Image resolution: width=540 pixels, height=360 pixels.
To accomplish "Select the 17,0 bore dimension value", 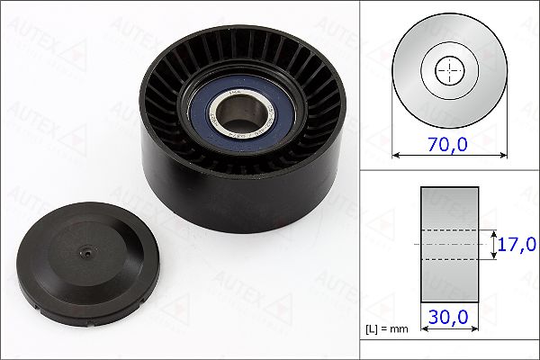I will pyautogui.click(x=517, y=244).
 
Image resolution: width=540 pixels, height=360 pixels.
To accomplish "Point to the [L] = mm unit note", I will pyautogui.click(x=387, y=329).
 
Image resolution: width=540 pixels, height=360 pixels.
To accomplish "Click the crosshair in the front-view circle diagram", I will pyautogui.click(x=447, y=69).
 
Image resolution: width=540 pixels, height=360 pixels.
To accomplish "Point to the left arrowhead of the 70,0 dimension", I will pyautogui.click(x=396, y=154).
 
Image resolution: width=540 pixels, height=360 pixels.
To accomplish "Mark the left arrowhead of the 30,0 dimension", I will pyautogui.click(x=424, y=328).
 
